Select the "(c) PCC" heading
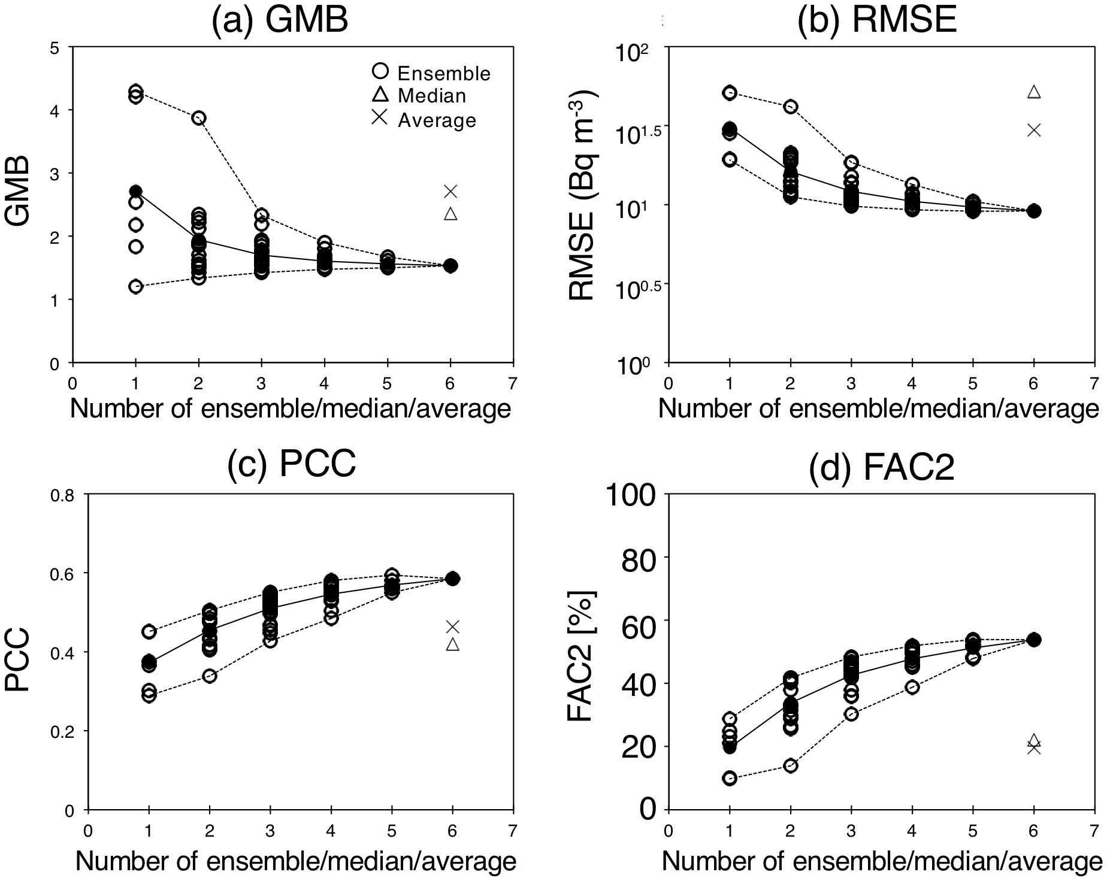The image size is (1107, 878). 292,463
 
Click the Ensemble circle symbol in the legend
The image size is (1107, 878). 380,72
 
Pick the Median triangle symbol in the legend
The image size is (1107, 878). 380,95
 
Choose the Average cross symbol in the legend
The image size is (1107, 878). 380,119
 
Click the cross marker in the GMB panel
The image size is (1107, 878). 450,191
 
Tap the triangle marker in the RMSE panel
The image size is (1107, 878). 1034,92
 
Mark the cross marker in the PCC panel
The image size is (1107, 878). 453,626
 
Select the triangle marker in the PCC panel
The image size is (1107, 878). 453,644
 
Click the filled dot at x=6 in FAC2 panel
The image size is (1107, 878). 1034,640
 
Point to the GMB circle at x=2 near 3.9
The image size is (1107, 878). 198,117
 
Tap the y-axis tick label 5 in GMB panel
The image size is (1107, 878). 55,47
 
